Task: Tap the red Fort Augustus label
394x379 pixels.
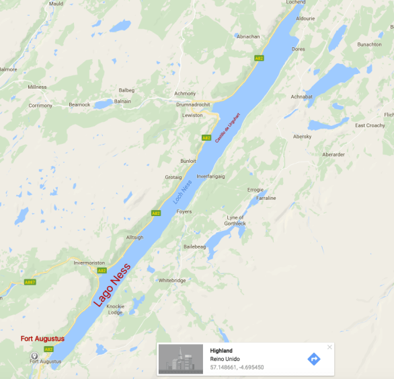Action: [42, 339]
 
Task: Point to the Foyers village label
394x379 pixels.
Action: [184, 211]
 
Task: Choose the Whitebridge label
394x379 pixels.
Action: [171, 280]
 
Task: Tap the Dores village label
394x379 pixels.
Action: [299, 49]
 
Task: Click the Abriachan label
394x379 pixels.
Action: [248, 36]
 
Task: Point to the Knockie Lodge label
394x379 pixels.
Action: [115, 309]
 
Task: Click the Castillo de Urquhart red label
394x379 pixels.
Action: [227, 127]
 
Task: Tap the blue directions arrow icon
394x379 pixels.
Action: [313, 359]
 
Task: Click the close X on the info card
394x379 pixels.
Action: [329, 347]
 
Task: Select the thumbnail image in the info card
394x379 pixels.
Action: [181, 359]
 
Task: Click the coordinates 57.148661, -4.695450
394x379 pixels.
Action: [237, 368]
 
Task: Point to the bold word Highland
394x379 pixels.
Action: [221, 351]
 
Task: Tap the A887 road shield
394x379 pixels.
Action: [30, 283]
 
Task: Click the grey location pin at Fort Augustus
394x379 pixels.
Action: [34, 355]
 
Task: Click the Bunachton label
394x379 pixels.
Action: [369, 44]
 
